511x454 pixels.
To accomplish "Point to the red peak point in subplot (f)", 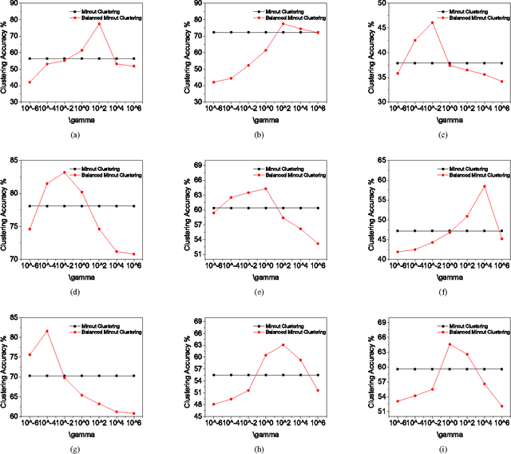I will coord(484,186).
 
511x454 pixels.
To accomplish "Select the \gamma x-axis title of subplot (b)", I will coord(256,118).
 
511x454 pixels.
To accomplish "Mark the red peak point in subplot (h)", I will coord(283,344).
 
